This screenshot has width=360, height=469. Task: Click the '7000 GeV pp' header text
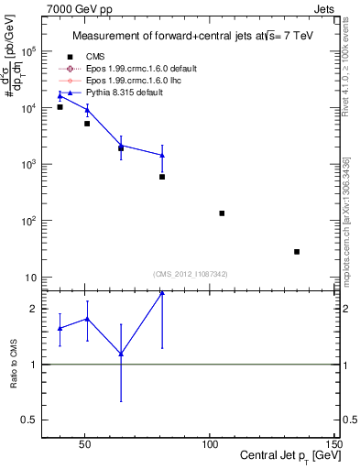[x=72, y=7]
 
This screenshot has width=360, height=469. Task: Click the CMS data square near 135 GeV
[x=297, y=252]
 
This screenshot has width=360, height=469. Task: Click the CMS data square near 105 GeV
[x=222, y=213]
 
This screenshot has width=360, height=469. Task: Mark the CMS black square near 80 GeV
[x=162, y=177]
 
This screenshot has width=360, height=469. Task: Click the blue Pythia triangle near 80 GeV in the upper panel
[x=162, y=156]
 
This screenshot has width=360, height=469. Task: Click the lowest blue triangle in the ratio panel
[x=121, y=354]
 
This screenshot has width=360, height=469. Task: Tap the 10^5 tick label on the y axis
[x=31, y=52]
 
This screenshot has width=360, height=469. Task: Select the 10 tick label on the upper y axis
[x=33, y=278]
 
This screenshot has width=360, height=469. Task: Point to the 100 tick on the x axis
[x=210, y=445]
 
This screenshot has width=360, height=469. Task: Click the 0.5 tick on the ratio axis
[x=29, y=420]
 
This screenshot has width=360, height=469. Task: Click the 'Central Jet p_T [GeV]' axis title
[x=287, y=457]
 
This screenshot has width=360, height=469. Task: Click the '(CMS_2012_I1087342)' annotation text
[x=191, y=274]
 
